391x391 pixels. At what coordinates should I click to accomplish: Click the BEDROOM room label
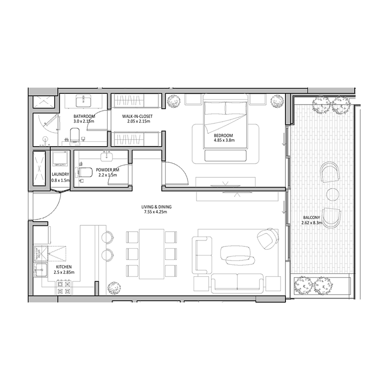(x=223, y=135)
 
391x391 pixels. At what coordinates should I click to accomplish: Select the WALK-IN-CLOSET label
(x=136, y=116)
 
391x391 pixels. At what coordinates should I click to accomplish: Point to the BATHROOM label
(x=84, y=116)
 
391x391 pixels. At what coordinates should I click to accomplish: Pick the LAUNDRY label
(x=60, y=174)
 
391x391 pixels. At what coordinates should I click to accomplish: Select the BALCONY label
(x=311, y=218)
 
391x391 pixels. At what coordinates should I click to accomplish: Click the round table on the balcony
(x=332, y=194)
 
